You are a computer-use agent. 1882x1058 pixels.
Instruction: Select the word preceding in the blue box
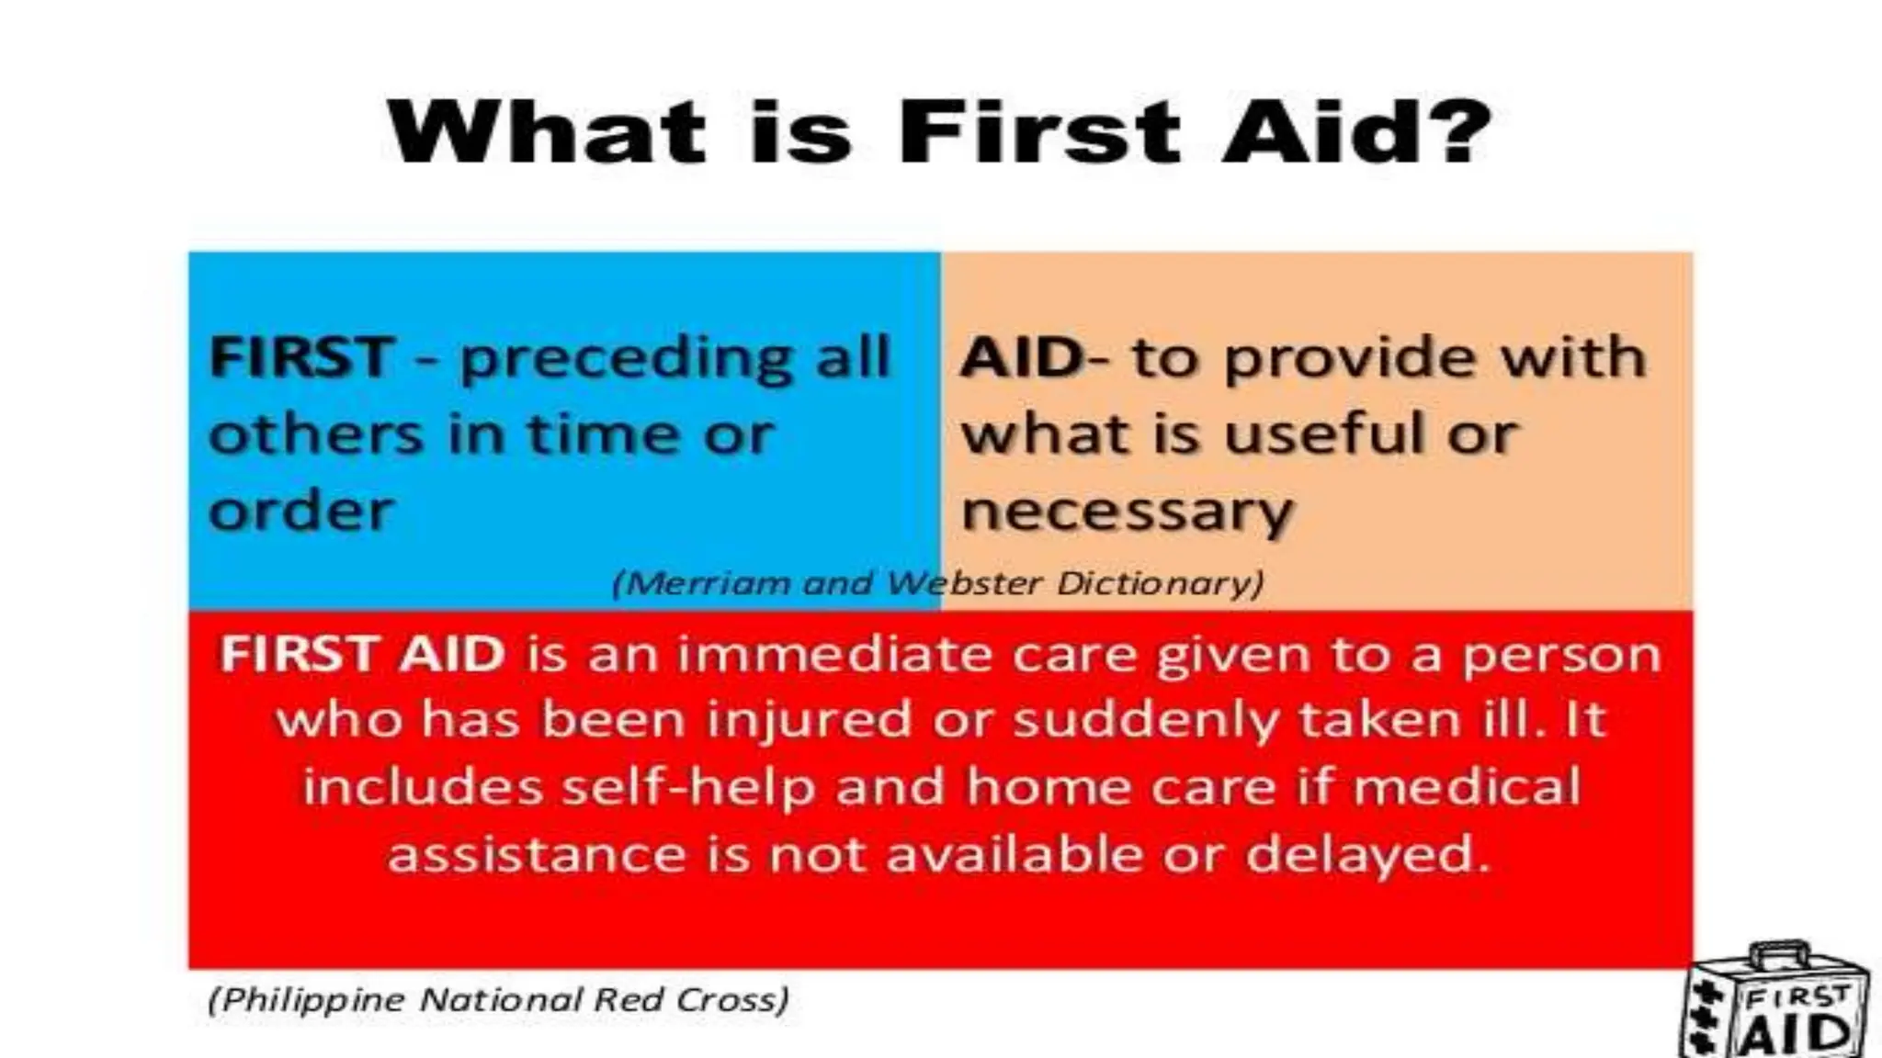[x=625, y=360]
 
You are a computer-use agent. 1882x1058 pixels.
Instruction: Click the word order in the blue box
[x=300, y=511]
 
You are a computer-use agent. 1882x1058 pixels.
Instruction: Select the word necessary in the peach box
[x=1127, y=512]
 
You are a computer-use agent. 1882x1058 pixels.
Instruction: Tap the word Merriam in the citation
[x=702, y=583]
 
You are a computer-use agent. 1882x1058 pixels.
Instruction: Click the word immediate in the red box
[x=834, y=655]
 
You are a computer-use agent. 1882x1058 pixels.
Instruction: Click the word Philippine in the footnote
[x=308, y=999]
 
